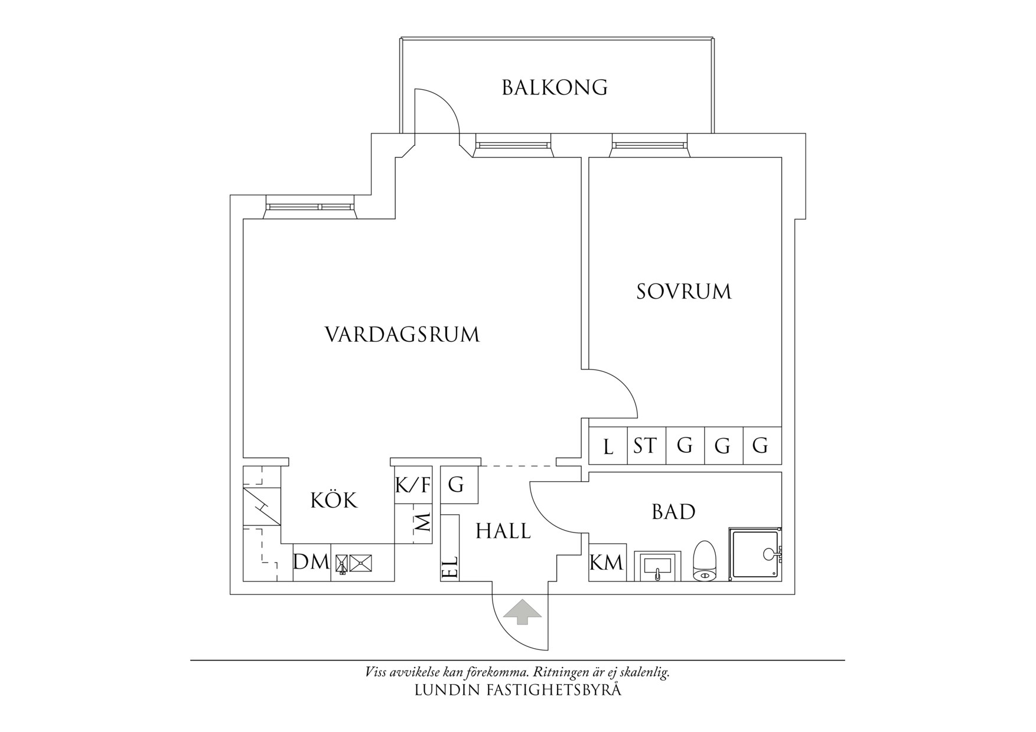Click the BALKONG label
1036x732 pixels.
click(554, 87)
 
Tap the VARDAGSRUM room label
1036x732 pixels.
click(402, 335)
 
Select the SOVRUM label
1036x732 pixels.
click(683, 292)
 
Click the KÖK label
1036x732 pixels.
click(334, 501)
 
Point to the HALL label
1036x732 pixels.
click(503, 531)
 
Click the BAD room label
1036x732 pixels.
click(673, 512)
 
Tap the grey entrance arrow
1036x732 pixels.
click(522, 612)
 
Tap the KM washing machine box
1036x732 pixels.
click(607, 563)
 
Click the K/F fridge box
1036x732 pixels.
click(413, 486)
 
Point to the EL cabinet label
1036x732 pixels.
click(450, 568)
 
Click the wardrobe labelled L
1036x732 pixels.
click(608, 446)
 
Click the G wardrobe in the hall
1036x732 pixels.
click(456, 485)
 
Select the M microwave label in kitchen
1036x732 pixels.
click(423, 522)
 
